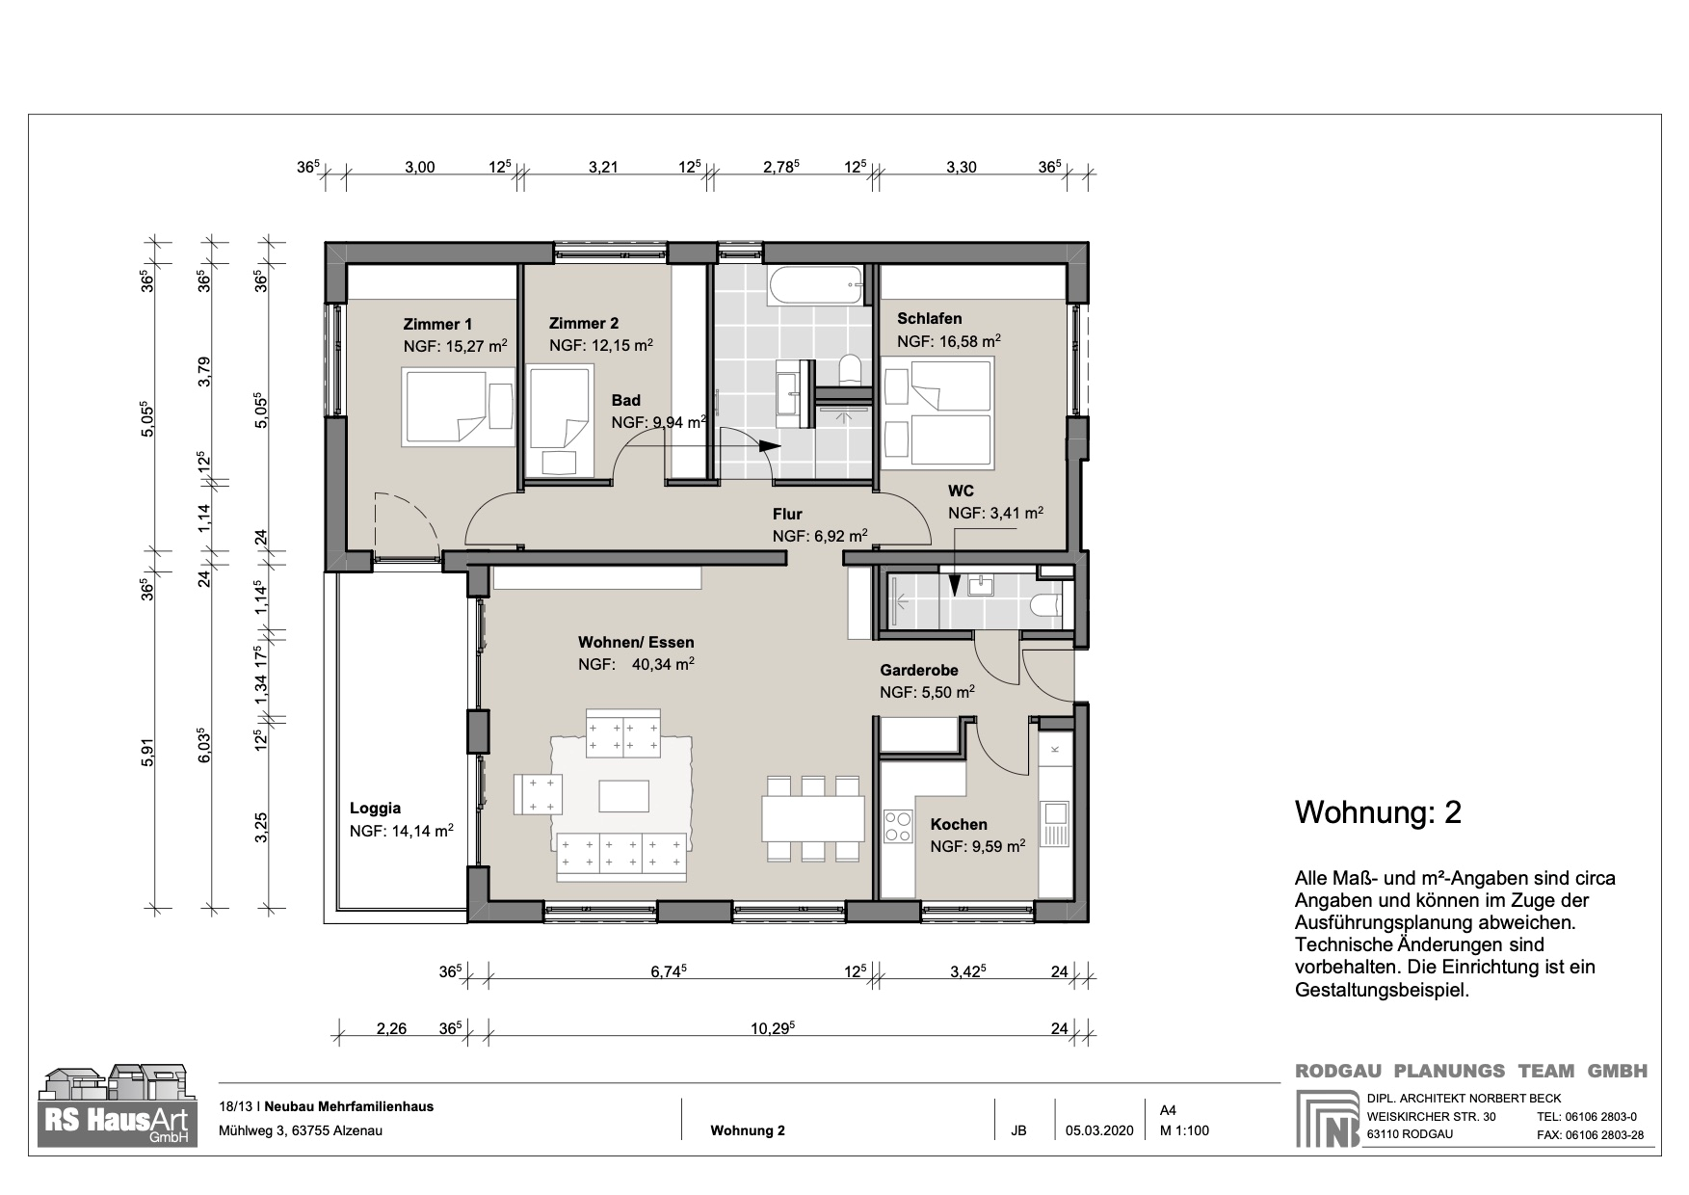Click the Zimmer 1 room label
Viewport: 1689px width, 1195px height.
(x=437, y=325)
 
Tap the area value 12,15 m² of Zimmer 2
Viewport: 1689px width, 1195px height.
(x=618, y=345)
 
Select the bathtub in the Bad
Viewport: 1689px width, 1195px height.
(x=816, y=283)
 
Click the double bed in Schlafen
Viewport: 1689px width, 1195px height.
(x=938, y=412)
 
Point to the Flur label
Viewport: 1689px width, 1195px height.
(x=786, y=514)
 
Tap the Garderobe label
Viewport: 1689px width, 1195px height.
(x=918, y=671)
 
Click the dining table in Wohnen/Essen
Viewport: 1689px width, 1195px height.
(x=813, y=818)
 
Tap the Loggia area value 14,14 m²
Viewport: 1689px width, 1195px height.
(x=416, y=830)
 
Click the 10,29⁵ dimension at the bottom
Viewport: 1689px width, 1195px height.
(x=773, y=1029)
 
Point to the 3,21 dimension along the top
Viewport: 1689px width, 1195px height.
(x=602, y=167)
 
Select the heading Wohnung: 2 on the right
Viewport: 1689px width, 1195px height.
(x=1378, y=812)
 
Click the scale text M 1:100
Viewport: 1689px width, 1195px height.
(x=1184, y=1130)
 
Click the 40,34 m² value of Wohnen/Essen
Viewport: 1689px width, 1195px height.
(x=664, y=664)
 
